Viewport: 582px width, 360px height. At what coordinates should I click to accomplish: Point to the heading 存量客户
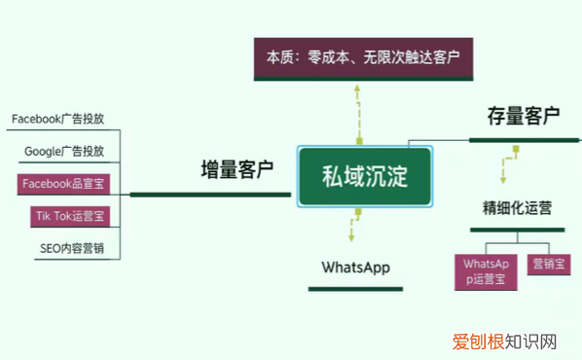click(523, 117)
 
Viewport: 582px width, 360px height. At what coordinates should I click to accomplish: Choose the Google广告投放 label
click(71, 152)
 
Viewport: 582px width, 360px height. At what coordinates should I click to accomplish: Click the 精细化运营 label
click(517, 207)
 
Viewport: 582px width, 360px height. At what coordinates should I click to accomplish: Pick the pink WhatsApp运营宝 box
click(487, 270)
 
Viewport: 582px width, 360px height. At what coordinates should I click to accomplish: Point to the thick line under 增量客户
click(210, 195)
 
